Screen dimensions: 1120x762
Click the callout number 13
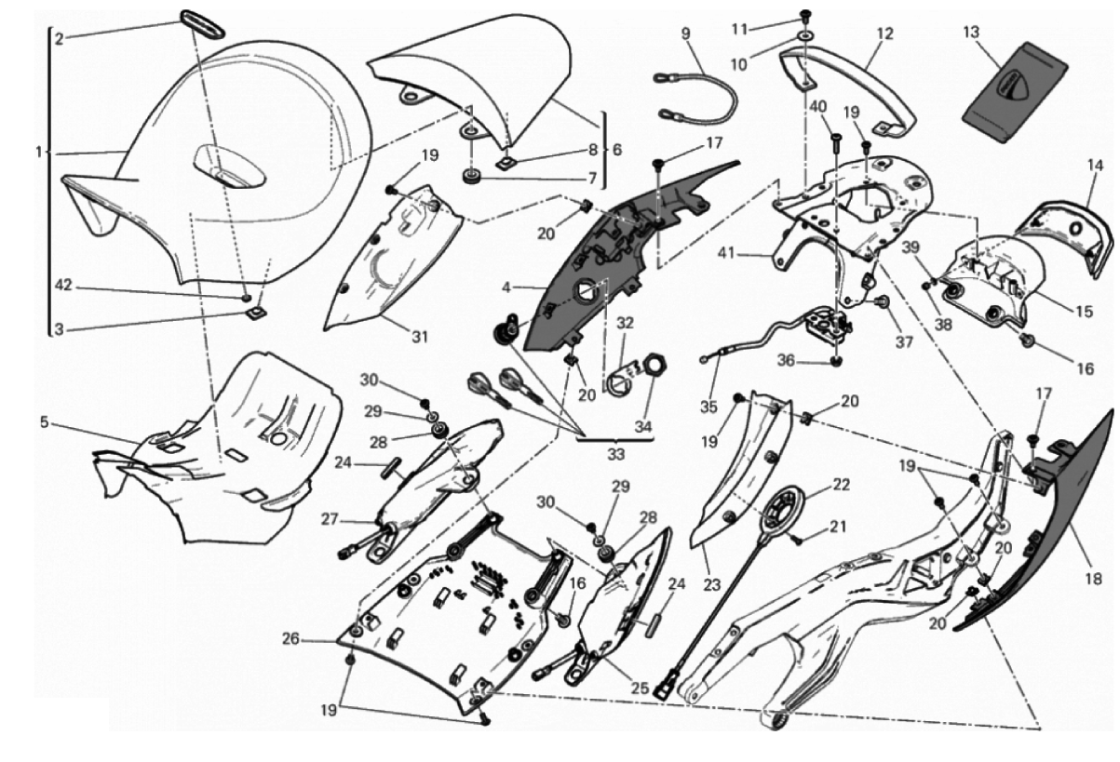click(971, 33)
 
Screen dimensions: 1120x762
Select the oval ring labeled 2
click(202, 23)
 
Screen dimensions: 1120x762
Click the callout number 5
click(45, 422)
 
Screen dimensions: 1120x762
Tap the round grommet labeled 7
click(471, 177)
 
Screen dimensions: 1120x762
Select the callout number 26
click(290, 638)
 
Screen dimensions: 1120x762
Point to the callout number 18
click(1094, 579)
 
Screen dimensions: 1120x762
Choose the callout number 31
click(420, 337)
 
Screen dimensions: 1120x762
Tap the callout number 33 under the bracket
click(616, 454)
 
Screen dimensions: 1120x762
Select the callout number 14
click(1095, 166)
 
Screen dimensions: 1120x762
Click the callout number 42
click(63, 286)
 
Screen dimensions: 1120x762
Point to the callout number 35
click(708, 408)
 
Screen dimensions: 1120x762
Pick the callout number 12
click(885, 34)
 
